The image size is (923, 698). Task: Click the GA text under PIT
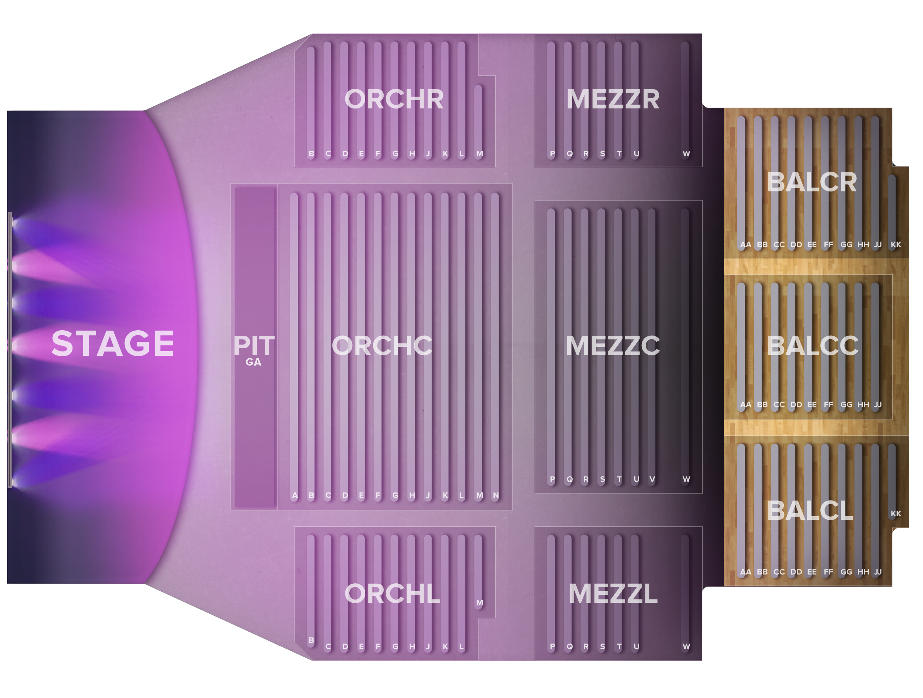point(253,362)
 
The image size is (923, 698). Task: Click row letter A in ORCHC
point(295,495)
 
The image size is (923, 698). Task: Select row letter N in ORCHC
point(496,495)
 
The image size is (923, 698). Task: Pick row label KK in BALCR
point(896,244)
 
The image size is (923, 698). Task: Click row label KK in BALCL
point(896,514)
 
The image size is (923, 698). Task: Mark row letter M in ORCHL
point(480,603)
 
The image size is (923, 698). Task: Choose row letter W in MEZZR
point(686,154)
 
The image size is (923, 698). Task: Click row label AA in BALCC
point(745,404)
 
